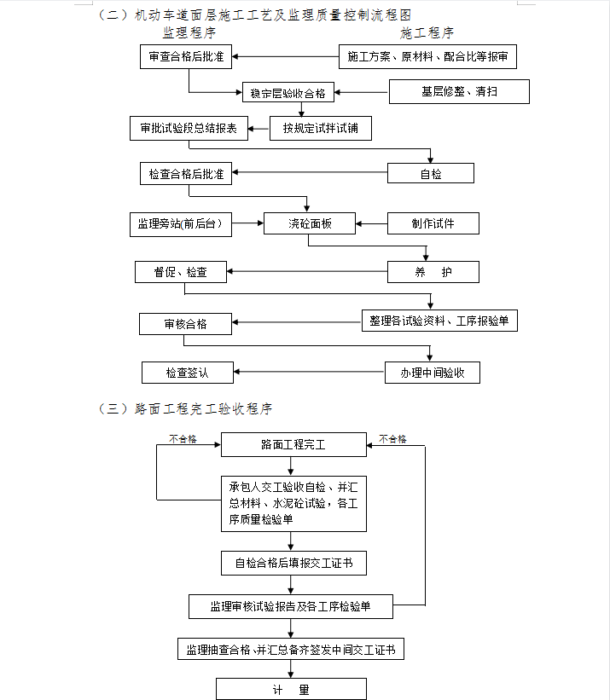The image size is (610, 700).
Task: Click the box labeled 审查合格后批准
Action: (186, 56)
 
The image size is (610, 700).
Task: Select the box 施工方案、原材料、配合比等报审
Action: (427, 56)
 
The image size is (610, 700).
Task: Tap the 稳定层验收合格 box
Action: (288, 92)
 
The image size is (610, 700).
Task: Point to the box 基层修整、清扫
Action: (459, 91)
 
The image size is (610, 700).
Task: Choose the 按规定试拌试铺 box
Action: (321, 129)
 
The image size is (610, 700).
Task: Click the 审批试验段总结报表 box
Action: (189, 129)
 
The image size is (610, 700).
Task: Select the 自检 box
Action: (431, 173)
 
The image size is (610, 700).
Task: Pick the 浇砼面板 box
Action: (310, 223)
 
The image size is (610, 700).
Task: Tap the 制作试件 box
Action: (433, 223)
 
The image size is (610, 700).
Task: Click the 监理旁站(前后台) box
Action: (181, 224)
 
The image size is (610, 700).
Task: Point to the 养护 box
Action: (433, 272)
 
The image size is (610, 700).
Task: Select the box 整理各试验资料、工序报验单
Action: (439, 321)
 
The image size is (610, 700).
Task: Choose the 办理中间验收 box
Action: (433, 373)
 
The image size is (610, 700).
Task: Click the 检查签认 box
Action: (188, 373)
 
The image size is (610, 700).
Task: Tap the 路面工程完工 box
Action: (293, 445)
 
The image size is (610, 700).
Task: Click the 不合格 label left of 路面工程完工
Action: (183, 439)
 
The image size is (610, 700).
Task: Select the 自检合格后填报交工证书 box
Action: (293, 564)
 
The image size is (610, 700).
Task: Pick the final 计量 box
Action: (291, 689)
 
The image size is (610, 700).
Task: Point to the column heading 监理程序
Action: (189, 32)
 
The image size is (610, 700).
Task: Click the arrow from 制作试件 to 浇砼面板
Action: (371, 223)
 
